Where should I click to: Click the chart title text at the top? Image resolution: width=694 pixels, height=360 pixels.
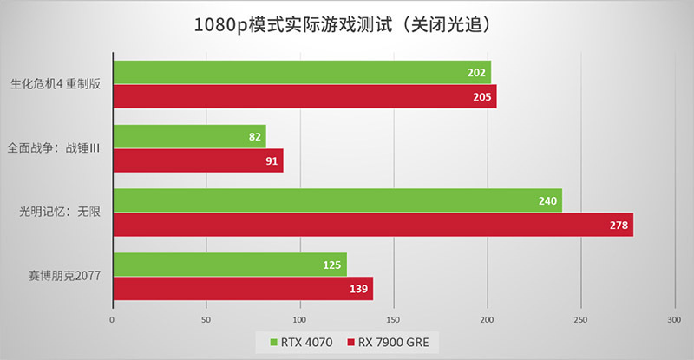point(347,25)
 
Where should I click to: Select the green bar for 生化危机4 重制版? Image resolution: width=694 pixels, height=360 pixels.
point(301,72)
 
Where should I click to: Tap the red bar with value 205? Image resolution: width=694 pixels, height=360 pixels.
point(304,96)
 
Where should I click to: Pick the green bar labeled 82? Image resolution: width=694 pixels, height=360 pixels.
point(188,136)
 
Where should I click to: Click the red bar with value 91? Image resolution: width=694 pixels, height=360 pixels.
point(197,160)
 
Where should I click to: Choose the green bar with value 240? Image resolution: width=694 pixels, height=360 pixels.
point(337,200)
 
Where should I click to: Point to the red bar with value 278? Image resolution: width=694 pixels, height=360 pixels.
point(372,225)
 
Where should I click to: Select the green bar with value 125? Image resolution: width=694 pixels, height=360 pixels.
point(229,265)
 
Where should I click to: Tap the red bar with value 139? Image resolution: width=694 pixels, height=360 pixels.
point(242,289)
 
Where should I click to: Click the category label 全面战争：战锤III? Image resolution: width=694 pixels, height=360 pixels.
point(54,148)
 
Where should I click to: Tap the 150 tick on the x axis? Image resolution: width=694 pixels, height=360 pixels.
point(394,319)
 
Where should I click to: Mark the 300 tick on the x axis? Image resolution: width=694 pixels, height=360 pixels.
point(675,319)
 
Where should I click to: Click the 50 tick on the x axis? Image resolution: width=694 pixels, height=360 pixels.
point(206,319)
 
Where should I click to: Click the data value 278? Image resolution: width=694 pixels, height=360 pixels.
point(619,225)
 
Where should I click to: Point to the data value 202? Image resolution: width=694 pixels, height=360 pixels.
point(476,73)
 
